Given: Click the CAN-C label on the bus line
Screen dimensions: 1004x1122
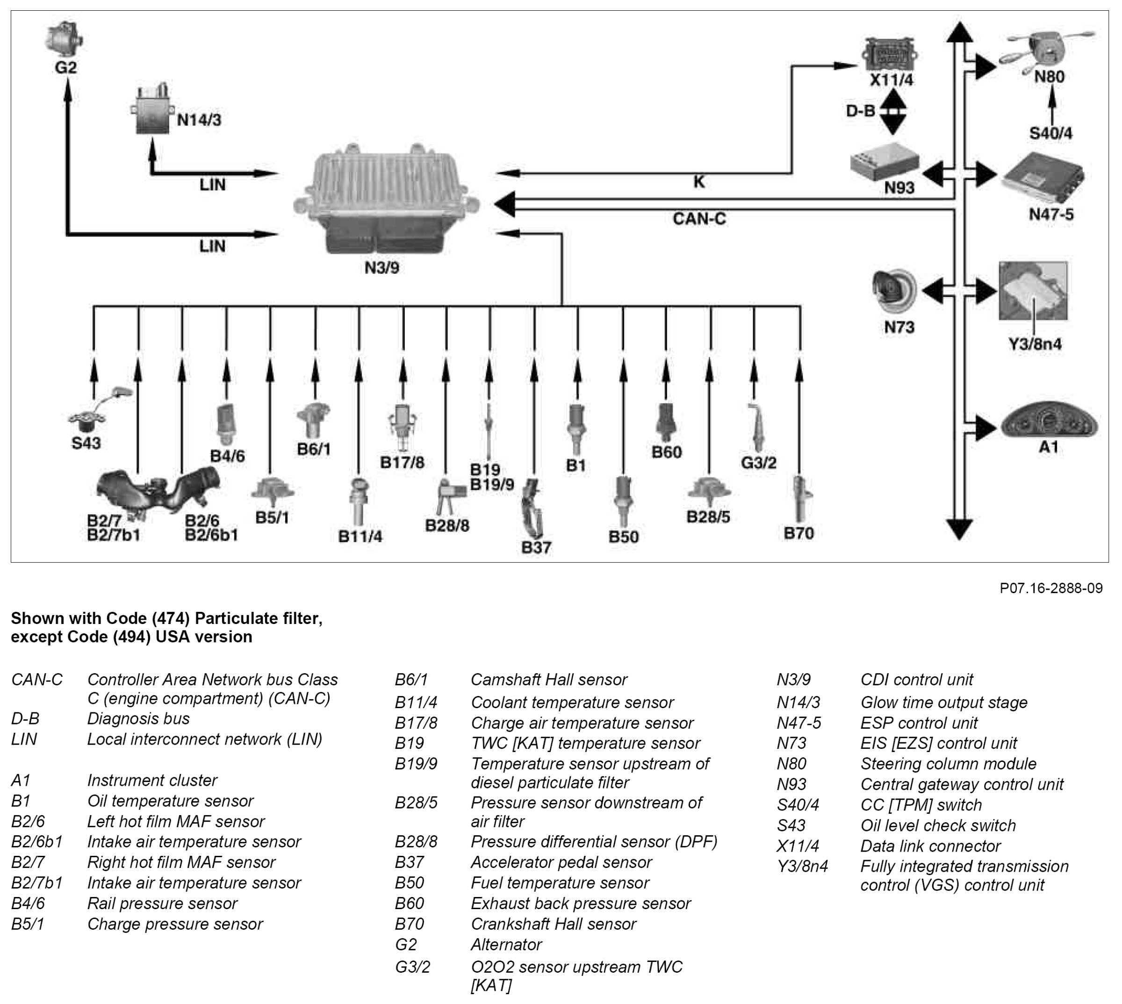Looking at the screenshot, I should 699,219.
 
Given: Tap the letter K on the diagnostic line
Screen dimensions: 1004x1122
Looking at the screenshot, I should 699,181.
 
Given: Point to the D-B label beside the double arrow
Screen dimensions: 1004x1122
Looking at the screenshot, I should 861,111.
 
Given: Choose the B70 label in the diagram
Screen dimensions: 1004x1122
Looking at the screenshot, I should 798,533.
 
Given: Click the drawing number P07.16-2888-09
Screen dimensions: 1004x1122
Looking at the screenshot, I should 1051,588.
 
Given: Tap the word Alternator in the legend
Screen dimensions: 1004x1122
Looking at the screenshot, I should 506,945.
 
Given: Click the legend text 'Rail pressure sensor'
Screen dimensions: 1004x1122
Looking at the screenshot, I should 162,903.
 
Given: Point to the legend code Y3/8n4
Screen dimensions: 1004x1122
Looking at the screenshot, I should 802,866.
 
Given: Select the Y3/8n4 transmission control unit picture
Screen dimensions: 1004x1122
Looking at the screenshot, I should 1033,291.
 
